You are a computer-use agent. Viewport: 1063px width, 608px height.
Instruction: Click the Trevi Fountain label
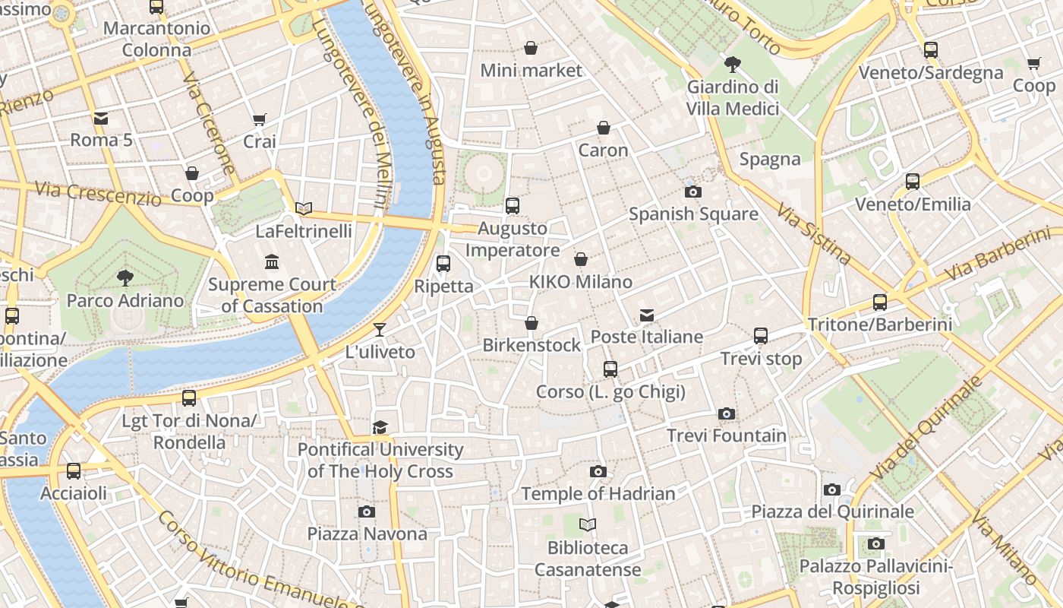727,435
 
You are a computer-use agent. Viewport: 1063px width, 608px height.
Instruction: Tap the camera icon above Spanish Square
692,192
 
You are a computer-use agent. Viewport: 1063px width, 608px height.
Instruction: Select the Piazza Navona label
367,534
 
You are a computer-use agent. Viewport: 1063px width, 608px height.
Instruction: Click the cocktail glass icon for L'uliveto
380,329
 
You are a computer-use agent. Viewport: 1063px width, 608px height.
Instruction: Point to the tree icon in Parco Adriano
125,277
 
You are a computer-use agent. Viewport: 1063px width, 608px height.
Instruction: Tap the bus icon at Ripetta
443,264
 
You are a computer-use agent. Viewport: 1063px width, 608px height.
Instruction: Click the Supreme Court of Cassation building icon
272,262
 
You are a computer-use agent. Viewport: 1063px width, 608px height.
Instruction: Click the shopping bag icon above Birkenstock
531,323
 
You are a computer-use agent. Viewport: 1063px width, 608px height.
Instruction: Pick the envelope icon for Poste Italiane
647,315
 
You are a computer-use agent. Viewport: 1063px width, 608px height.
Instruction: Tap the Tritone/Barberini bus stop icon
880,302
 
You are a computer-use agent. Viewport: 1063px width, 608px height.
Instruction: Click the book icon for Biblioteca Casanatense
588,524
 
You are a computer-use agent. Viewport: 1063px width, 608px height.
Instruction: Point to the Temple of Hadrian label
598,494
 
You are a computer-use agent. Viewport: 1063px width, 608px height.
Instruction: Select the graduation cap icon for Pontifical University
380,427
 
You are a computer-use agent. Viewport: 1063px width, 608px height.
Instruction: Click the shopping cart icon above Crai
260,119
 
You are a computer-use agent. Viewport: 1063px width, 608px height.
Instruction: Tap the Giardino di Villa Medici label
733,97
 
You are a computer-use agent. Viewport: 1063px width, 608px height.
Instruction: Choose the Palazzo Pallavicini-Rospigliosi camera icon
876,543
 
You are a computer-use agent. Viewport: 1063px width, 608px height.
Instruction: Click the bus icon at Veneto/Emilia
913,182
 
